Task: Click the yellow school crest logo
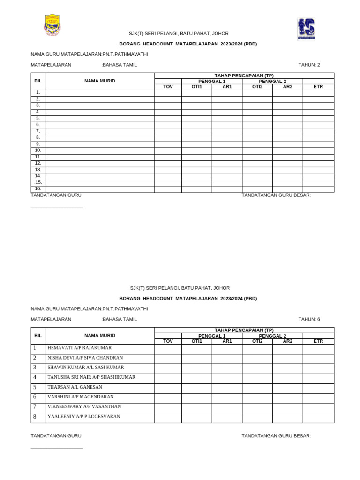point(52,25)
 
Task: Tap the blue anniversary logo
point(306,29)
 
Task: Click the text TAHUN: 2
point(309,65)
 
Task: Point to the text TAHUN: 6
point(309,319)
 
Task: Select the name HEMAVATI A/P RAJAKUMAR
point(79,348)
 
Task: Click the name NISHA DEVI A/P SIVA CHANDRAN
point(85,358)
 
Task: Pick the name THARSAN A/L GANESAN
point(75,387)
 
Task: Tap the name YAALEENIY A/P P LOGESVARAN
point(83,416)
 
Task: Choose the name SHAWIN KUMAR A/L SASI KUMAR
point(85,367)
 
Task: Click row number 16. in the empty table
point(38,189)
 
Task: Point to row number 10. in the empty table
point(38,150)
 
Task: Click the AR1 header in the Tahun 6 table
point(227,341)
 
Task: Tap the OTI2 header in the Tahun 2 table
point(257,87)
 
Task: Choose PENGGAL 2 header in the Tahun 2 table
point(272,81)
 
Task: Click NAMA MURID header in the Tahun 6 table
point(100,335)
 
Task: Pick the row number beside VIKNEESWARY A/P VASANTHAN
point(35,407)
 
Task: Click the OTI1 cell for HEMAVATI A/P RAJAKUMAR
point(197,349)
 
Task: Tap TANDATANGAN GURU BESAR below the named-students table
point(276,436)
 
